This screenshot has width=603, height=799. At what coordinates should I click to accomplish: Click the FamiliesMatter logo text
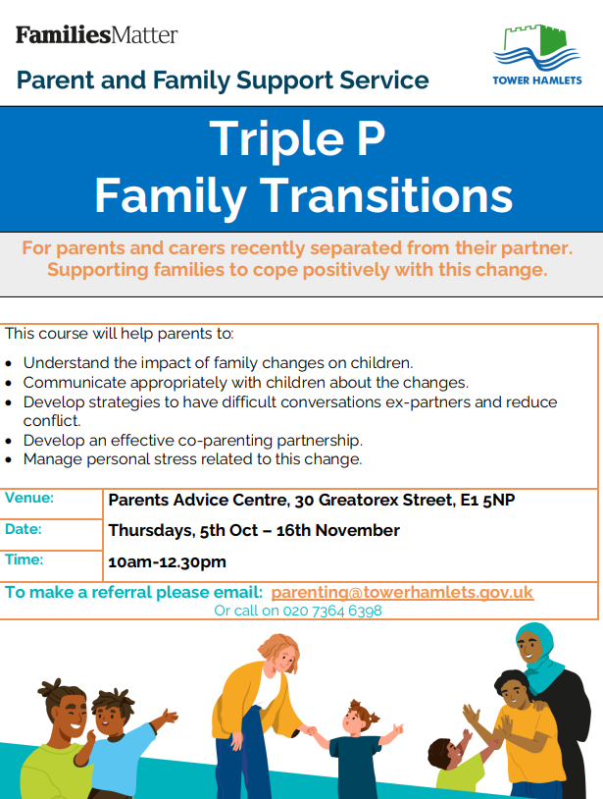(x=97, y=35)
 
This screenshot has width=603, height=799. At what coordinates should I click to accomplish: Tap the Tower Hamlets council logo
(x=537, y=54)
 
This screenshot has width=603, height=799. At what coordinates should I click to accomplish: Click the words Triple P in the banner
(x=297, y=138)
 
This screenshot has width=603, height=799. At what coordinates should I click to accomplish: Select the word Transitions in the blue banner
(x=386, y=195)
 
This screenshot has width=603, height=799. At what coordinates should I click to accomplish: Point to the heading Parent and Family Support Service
(x=223, y=80)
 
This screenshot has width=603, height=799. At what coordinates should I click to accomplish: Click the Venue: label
(x=29, y=498)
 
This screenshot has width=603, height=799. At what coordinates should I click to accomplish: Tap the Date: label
(x=24, y=529)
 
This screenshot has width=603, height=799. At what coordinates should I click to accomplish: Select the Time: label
(x=25, y=559)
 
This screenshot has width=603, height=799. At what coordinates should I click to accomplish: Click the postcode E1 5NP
(x=487, y=500)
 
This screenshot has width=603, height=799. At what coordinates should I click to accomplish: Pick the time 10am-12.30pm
(x=167, y=562)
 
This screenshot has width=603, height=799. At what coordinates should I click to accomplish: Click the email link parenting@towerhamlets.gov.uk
(x=402, y=592)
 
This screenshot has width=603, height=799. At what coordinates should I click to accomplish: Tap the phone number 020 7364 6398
(x=332, y=611)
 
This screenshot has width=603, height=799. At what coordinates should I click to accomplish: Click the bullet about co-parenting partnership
(x=193, y=441)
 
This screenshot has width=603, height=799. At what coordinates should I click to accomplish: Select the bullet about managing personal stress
(x=193, y=459)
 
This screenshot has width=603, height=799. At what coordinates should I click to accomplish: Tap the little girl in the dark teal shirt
(x=356, y=749)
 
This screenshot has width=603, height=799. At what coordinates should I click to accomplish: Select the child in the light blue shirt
(x=123, y=739)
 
